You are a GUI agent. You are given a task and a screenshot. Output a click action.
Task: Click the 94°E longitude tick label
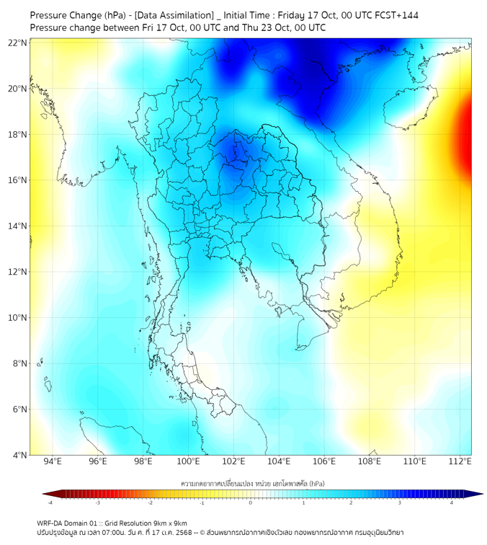coord(53,461)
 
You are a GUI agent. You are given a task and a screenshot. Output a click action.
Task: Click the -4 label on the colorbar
coord(49,502)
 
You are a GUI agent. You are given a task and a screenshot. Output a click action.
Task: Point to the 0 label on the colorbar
coord(251,502)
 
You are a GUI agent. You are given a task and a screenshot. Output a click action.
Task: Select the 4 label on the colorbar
coord(452,502)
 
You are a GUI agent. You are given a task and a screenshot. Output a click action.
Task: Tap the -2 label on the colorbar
coord(150,502)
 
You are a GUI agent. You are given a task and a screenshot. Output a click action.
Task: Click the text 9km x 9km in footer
coord(169,523)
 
